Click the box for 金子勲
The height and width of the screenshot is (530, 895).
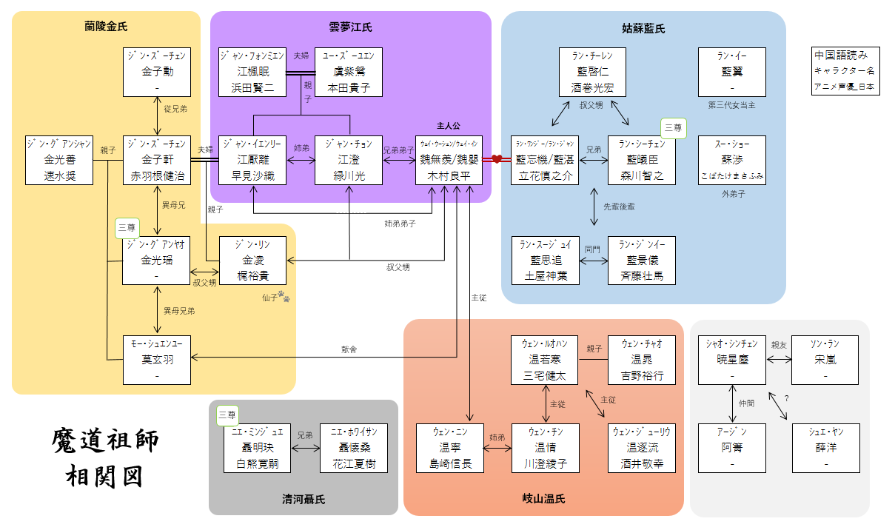157,72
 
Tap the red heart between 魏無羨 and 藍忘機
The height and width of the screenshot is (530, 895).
496,159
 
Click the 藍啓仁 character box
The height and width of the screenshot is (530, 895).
591,72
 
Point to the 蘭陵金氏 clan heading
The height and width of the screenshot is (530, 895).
106,27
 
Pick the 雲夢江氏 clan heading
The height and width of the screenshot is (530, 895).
350,27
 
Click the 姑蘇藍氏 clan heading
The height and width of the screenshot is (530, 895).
643,29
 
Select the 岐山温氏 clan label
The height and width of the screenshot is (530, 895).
543,499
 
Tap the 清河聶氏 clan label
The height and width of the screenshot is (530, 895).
303,499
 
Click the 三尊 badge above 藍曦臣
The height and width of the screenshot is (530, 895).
673,127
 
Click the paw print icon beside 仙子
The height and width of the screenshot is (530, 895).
284,298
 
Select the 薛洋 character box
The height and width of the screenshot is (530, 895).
826,449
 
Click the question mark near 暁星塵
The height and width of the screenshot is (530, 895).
786,399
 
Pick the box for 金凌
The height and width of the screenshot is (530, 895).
253,261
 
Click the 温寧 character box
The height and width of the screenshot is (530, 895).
449,449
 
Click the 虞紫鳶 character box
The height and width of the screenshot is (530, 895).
349,72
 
